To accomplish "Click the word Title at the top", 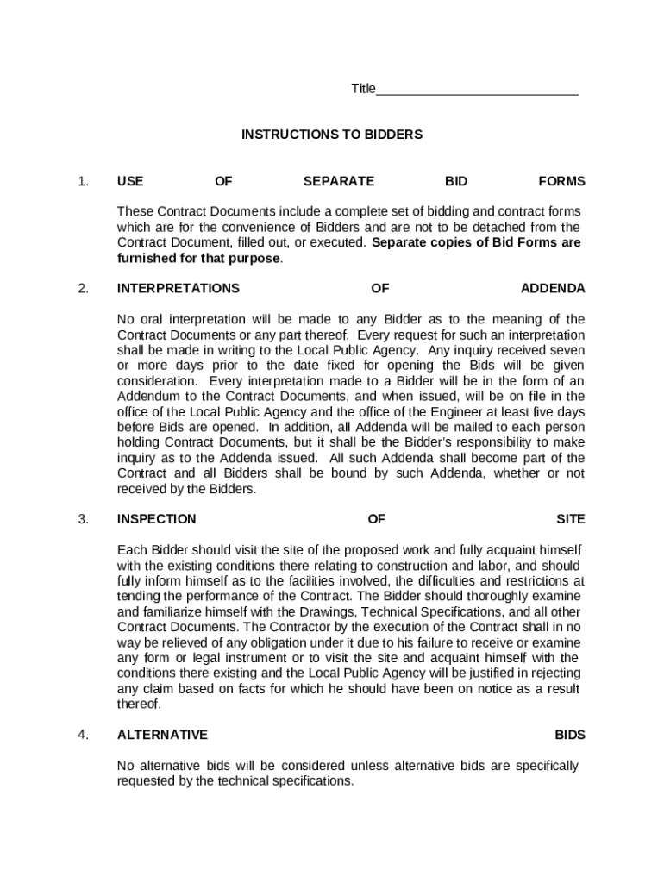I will (x=363, y=89).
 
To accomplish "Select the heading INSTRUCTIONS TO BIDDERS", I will (x=332, y=135).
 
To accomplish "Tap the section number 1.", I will (x=83, y=181).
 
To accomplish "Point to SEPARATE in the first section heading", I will (x=339, y=181).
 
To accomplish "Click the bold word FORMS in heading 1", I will (x=561, y=181).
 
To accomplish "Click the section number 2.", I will (x=83, y=288).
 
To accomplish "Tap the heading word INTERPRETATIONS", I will (x=179, y=288).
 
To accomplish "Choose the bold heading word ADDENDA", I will (x=553, y=288).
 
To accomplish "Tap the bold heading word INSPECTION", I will (x=157, y=519).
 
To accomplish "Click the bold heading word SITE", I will (x=571, y=519).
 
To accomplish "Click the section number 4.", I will (x=83, y=735).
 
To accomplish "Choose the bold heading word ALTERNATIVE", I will (x=162, y=735).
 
